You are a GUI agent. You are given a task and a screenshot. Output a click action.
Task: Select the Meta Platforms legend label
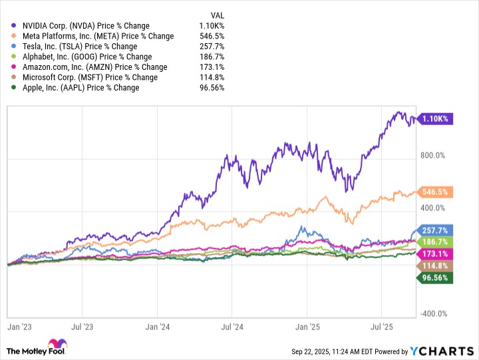[98, 36]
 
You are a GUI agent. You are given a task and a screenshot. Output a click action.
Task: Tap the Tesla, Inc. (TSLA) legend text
[79, 47]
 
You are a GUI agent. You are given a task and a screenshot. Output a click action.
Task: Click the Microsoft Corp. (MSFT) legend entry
[90, 77]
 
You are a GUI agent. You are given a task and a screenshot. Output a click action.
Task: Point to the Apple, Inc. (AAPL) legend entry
[80, 88]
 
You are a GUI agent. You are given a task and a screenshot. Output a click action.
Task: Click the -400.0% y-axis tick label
[432, 314]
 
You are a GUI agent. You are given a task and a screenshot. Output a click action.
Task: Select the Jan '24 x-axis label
[158, 327]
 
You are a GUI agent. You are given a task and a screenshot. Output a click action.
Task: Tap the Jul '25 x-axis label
[381, 327]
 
